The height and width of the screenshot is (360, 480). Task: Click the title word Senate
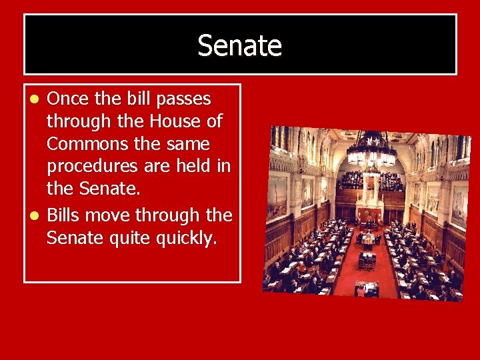(x=240, y=46)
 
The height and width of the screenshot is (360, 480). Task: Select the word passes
(x=184, y=99)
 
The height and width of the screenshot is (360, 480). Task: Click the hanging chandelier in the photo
(x=372, y=150)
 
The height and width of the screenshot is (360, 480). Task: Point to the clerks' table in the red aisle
(x=367, y=239)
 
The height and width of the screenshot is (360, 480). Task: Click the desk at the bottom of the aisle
(x=367, y=288)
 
